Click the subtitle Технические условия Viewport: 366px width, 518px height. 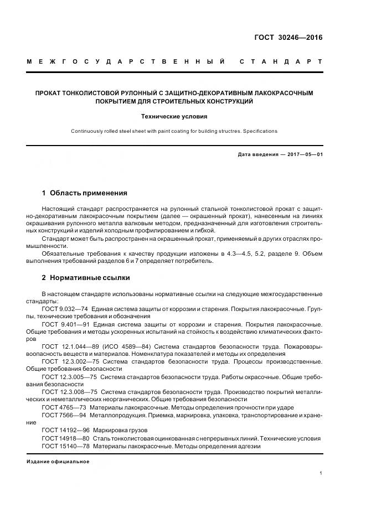pos(174,117)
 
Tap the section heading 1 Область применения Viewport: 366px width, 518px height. pos(85,193)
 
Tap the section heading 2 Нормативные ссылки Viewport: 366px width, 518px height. pos(86,277)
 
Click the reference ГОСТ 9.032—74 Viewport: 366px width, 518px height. pos(65,308)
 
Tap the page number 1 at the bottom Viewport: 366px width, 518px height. pos(321,473)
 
